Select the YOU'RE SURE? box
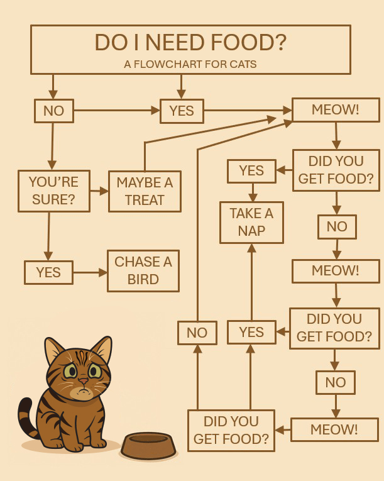(x=53, y=191)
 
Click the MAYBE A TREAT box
(x=145, y=191)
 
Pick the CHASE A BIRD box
(x=143, y=270)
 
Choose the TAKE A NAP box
(x=251, y=222)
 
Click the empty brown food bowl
(x=148, y=445)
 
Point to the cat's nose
(x=83, y=381)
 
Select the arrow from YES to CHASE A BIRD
(x=90, y=272)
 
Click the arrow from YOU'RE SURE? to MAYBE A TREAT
(x=99, y=191)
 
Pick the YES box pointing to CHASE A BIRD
(x=48, y=272)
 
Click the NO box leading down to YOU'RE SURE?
(x=53, y=111)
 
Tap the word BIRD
(x=143, y=279)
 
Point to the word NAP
(x=251, y=231)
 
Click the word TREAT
(x=145, y=200)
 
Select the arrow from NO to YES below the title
(x=116, y=111)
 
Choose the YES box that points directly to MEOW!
(x=182, y=111)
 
